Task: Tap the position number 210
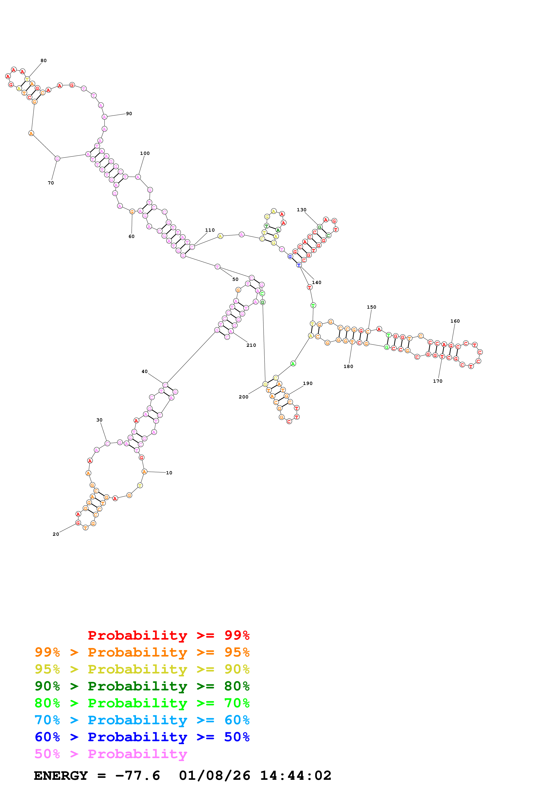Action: pos(251,345)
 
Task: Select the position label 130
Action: pos(302,210)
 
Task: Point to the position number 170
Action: pos(438,381)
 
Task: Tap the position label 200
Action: pos(244,397)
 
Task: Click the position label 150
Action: pos(372,307)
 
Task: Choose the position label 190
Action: pos(308,383)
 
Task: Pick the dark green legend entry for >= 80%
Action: pos(142,686)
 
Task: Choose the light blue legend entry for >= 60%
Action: pos(142,720)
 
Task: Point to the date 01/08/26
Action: pos(214,776)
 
